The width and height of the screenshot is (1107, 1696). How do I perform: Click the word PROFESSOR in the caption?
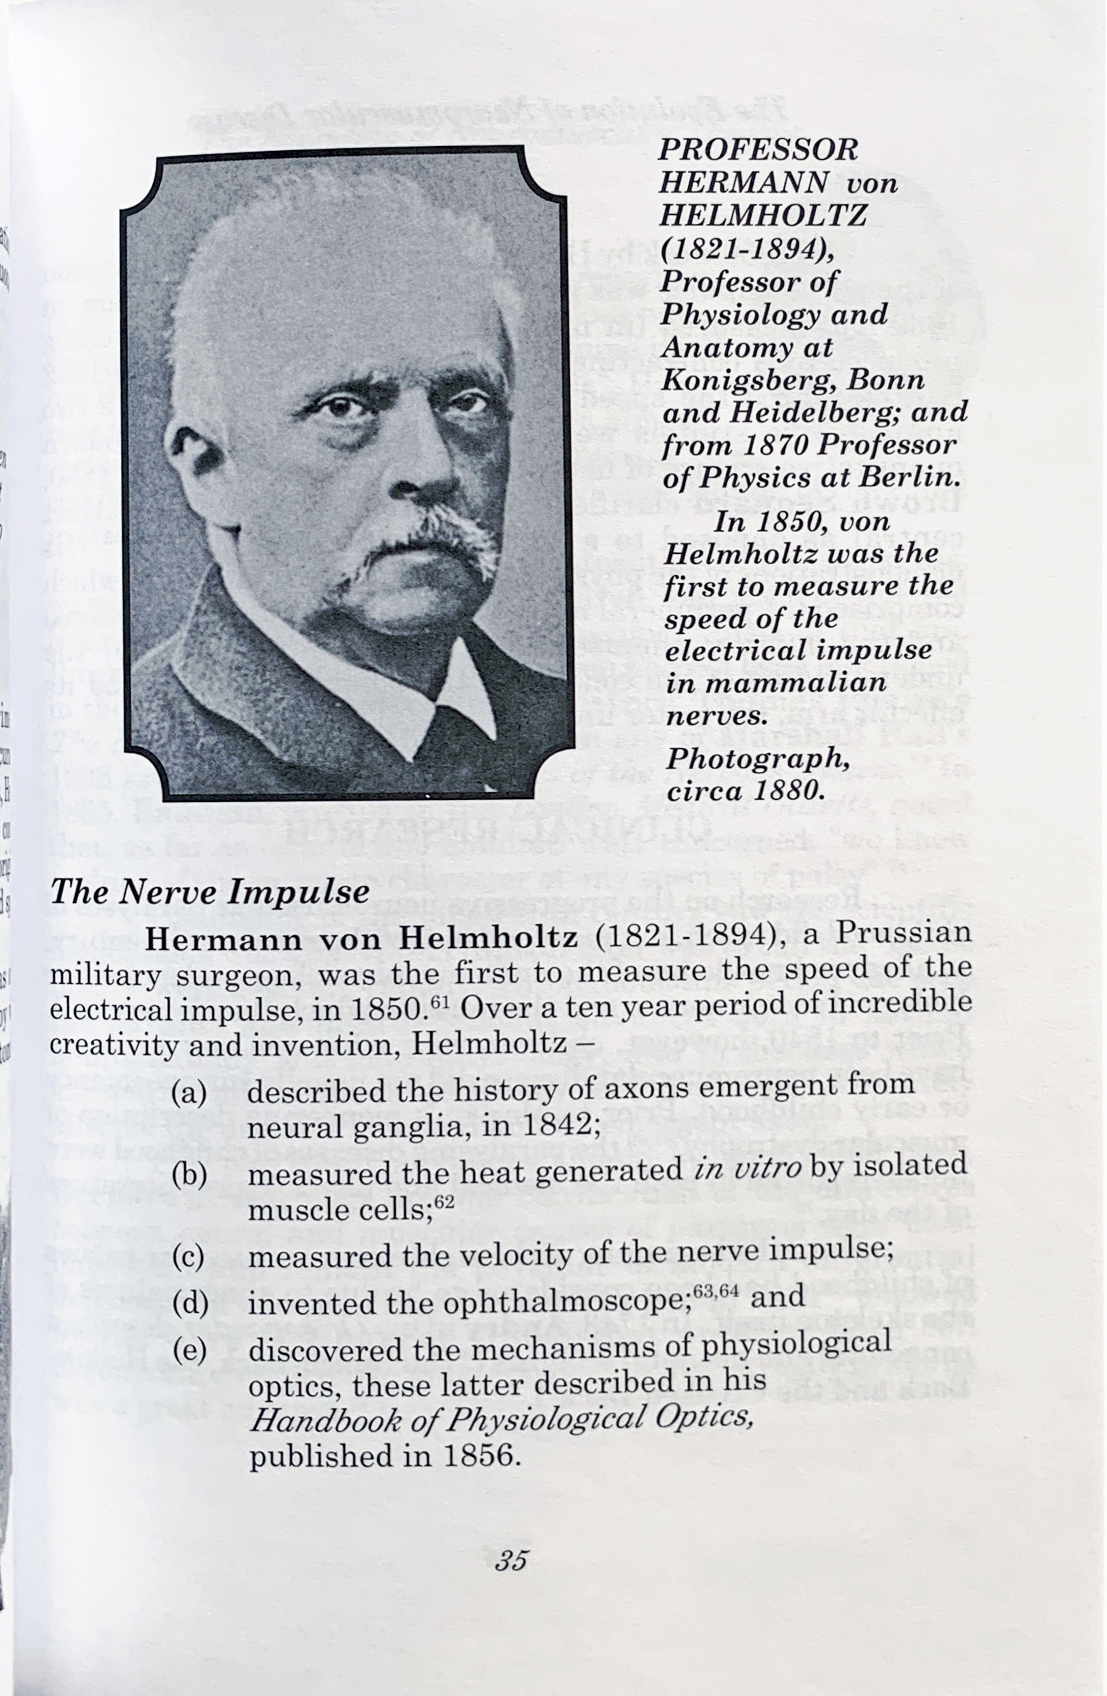tap(758, 150)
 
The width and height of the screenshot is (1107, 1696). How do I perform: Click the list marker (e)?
tap(189, 1350)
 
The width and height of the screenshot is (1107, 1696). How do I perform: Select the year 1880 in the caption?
tap(784, 790)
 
